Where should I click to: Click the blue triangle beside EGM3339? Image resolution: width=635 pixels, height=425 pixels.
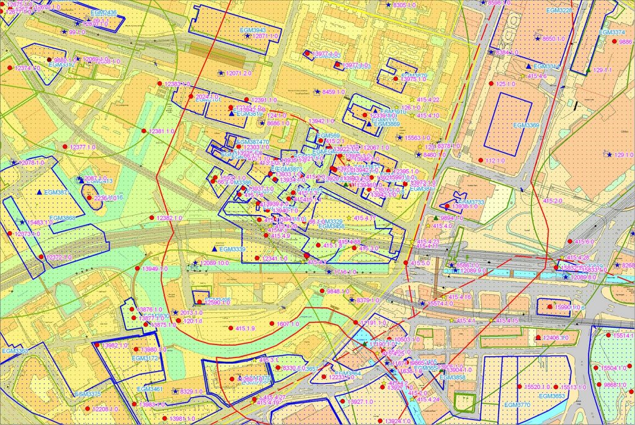(x=214, y=248)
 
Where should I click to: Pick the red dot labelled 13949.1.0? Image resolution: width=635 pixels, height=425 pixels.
(x=137, y=268)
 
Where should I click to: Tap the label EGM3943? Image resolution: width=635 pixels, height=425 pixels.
(x=252, y=30)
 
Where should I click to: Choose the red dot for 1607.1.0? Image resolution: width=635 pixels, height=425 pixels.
(x=272, y=324)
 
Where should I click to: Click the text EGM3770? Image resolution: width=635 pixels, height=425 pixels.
(x=517, y=405)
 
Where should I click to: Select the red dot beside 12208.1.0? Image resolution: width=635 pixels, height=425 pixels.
(x=88, y=410)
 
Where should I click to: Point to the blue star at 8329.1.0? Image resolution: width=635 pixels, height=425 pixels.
(x=175, y=392)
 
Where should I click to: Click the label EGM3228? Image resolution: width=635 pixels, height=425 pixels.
(x=559, y=11)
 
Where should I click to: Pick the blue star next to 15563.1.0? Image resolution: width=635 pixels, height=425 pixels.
(x=400, y=138)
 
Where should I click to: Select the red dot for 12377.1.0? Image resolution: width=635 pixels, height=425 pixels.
(x=65, y=147)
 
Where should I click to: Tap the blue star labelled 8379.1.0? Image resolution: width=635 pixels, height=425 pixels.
(x=352, y=300)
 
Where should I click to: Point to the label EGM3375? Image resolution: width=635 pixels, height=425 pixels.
(x=87, y=394)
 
